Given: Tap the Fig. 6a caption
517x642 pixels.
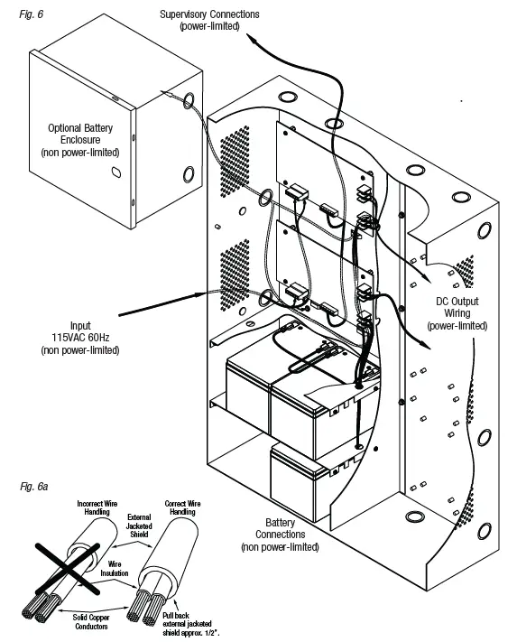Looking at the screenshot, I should click(x=32, y=486).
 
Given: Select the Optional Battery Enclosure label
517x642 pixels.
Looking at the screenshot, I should click(x=84, y=140).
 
